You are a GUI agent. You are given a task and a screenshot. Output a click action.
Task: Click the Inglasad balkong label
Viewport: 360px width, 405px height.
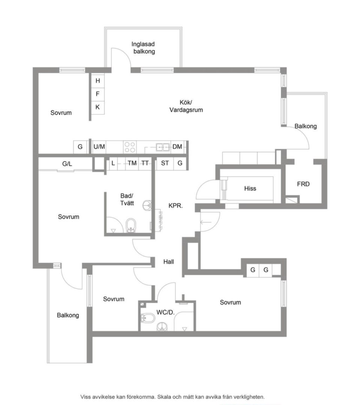tap(143, 48)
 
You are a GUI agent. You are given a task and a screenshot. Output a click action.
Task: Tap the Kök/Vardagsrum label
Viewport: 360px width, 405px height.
tap(186, 106)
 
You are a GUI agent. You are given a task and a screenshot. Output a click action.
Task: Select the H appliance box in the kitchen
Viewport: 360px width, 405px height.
tap(98, 81)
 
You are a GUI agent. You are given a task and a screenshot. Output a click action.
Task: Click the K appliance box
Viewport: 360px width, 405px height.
tap(98, 107)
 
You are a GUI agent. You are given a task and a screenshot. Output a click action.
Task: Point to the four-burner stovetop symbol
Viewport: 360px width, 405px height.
tap(130, 147)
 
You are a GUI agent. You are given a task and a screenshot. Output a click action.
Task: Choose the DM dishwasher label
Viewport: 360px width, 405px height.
tap(177, 147)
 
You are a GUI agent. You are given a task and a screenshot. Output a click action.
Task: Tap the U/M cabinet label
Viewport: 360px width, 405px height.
tap(99, 147)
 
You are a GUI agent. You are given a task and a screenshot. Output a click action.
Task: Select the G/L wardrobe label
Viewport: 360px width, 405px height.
tap(67, 164)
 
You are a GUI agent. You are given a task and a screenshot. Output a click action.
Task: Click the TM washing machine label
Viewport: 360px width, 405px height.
tap(132, 163)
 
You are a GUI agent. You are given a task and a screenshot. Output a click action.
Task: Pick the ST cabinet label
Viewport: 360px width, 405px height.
tap(165, 163)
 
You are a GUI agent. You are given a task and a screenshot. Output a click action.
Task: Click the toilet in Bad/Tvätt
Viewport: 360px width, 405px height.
tap(131, 225)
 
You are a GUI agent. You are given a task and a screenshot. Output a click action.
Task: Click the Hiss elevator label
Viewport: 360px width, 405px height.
tap(250, 189)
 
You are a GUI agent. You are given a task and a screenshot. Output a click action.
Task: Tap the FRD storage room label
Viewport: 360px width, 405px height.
tap(303, 184)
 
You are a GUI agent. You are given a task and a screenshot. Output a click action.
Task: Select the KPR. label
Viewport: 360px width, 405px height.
tap(176, 206)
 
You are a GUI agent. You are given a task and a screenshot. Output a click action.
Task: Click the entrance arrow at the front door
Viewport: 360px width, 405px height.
tap(206, 222)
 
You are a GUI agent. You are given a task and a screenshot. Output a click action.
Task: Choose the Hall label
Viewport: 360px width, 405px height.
tap(169, 262)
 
